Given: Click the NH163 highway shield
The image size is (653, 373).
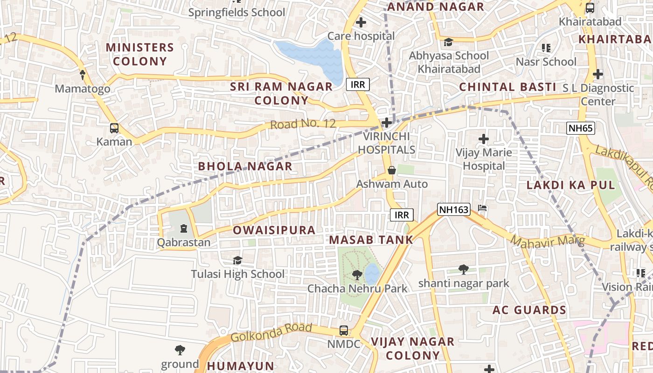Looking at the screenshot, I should pyautogui.click(x=453, y=209).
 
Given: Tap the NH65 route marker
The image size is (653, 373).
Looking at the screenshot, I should pyautogui.click(x=581, y=128).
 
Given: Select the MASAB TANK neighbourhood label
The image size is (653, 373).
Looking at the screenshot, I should pyautogui.click(x=371, y=240).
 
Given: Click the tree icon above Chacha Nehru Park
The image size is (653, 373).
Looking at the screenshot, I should pyautogui.click(x=357, y=275).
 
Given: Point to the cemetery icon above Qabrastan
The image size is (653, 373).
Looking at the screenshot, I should pyautogui.click(x=183, y=228).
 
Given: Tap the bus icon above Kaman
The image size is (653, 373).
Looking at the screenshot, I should pyautogui.click(x=114, y=128).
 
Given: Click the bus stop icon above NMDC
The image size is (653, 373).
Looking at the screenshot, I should pyautogui.click(x=344, y=330).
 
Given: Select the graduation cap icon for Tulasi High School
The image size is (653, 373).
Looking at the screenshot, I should pyautogui.click(x=237, y=260).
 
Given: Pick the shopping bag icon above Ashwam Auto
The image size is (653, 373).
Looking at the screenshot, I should pyautogui.click(x=392, y=170).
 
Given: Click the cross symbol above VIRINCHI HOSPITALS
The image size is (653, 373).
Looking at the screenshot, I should pyautogui.click(x=386, y=123).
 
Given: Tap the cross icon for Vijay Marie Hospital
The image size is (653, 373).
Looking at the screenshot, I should pyautogui.click(x=484, y=138).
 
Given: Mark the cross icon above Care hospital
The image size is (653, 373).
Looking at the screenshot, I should pyautogui.click(x=361, y=22).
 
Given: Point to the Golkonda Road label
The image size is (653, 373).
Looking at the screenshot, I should pyautogui.click(x=271, y=332).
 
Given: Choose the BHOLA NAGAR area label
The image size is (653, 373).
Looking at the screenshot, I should pyautogui.click(x=245, y=166).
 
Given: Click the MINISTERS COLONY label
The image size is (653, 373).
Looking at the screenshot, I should pyautogui.click(x=139, y=54).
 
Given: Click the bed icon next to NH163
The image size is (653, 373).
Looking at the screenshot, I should pyautogui.click(x=483, y=208).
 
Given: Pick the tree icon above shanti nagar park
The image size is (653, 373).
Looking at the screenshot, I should pyautogui.click(x=463, y=269).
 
